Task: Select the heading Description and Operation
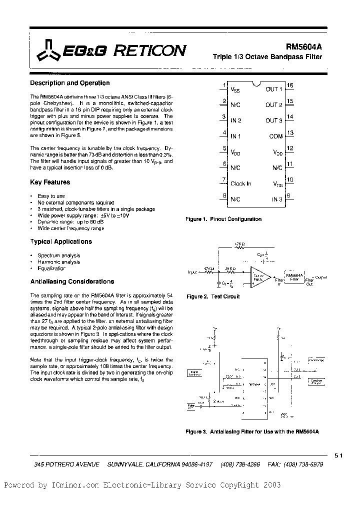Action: click(69, 83)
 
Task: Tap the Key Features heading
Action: click(50, 182)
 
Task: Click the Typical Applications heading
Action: click(61, 241)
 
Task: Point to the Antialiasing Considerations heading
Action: click(72, 281)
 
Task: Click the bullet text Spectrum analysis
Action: click(58, 255)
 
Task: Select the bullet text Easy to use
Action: click(51, 196)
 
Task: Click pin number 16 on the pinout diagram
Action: click(290, 85)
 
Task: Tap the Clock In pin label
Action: click(240, 183)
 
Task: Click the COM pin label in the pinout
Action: click(275, 136)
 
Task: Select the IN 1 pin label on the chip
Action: click(235, 136)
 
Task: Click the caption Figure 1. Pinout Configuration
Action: click(223, 219)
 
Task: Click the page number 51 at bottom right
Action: click(338, 455)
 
